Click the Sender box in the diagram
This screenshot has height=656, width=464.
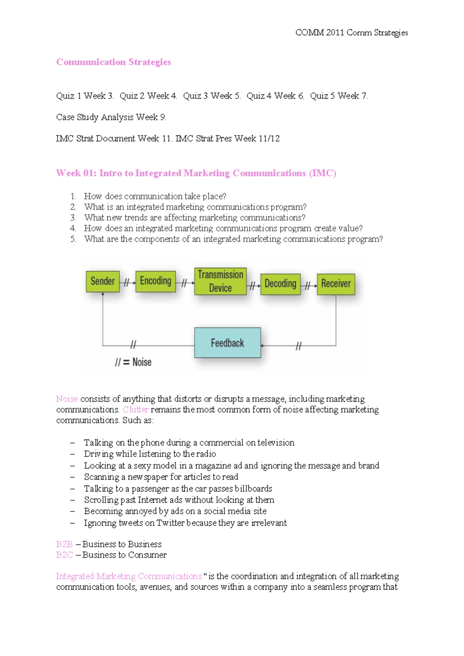pyautogui.click(x=102, y=281)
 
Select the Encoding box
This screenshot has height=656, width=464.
pyautogui.click(x=155, y=281)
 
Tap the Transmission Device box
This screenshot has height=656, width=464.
pyautogui.click(x=220, y=281)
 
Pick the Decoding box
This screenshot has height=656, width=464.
pyautogui.click(x=280, y=284)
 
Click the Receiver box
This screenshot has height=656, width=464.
pyautogui.click(x=336, y=284)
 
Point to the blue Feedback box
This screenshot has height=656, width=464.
pyautogui.click(x=227, y=343)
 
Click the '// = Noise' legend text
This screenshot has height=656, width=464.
pyautogui.click(x=133, y=362)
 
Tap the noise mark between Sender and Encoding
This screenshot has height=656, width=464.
pyautogui.click(x=126, y=283)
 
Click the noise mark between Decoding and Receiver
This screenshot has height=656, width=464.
pyautogui.click(x=308, y=286)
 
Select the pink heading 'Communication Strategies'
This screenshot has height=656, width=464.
pyautogui.click(x=113, y=62)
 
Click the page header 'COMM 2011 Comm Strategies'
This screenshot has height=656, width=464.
pyautogui.click(x=351, y=32)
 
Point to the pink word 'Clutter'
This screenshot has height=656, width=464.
pyautogui.click(x=135, y=410)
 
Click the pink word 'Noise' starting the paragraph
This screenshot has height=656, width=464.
pyautogui.click(x=67, y=399)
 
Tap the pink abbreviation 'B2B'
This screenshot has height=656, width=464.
pyautogui.click(x=64, y=544)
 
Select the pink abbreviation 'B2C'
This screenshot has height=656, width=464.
pyautogui.click(x=64, y=555)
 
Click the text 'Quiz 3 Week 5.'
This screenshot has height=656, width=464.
pyautogui.click(x=212, y=96)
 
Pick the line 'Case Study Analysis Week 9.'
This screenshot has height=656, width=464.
pyautogui.click(x=111, y=117)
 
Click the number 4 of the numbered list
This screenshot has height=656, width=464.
pyautogui.click(x=73, y=228)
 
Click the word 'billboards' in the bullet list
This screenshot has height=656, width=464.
pyautogui.click(x=253, y=489)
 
